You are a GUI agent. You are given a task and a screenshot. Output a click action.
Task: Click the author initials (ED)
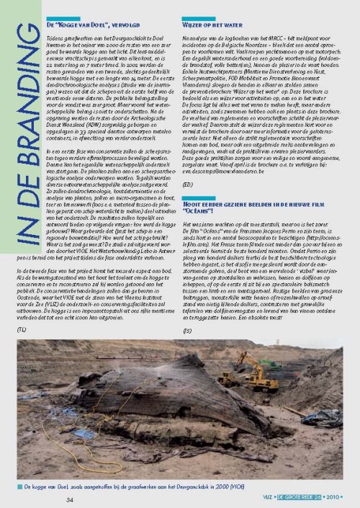click(207, 184)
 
